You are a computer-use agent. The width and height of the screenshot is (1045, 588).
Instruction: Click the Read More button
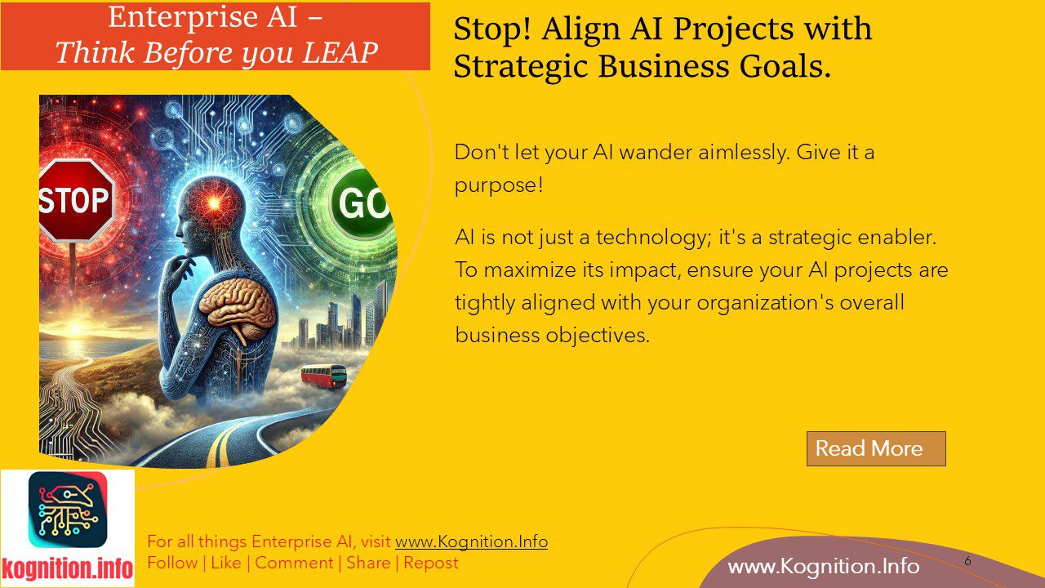click(x=875, y=448)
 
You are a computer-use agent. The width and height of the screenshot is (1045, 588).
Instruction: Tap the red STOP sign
click(x=74, y=200)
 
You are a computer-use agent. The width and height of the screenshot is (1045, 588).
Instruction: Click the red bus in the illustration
click(x=324, y=376)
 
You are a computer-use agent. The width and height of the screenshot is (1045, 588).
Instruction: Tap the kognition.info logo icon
click(x=68, y=510)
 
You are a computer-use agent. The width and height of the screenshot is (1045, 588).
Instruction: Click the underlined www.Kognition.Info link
click(x=471, y=541)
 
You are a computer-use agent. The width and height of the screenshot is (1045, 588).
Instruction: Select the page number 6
click(x=967, y=561)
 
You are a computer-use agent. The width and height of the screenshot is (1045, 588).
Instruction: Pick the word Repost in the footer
click(x=430, y=563)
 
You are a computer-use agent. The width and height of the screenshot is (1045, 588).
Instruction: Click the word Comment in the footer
click(x=294, y=563)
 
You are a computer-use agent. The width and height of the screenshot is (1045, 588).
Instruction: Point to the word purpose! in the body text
click(x=498, y=185)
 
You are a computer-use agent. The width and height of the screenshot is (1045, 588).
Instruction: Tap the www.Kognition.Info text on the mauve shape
click(x=823, y=566)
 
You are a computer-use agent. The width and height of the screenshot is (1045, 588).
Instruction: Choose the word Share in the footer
click(x=368, y=563)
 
